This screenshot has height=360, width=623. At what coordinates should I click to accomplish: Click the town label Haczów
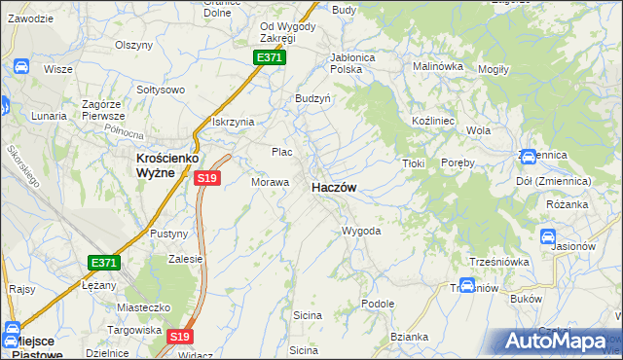(x=333, y=188)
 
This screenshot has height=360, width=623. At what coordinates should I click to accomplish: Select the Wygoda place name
(x=360, y=232)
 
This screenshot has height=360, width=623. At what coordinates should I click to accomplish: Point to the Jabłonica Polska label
(x=352, y=63)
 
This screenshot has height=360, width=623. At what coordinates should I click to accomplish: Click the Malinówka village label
(x=437, y=66)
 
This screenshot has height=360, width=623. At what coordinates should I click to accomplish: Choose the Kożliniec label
(x=428, y=118)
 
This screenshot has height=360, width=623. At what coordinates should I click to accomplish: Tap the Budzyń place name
(x=313, y=99)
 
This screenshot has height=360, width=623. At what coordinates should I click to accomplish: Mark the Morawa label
(x=271, y=182)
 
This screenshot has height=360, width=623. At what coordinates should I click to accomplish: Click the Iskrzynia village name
(x=234, y=122)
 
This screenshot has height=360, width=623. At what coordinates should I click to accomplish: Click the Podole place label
(x=377, y=304)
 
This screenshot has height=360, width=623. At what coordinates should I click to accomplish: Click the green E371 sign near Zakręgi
(x=269, y=58)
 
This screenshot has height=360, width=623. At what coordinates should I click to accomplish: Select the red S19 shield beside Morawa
(x=206, y=178)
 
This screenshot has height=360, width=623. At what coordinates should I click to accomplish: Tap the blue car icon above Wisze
(x=20, y=67)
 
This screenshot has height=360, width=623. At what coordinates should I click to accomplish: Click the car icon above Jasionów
(x=547, y=236)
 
